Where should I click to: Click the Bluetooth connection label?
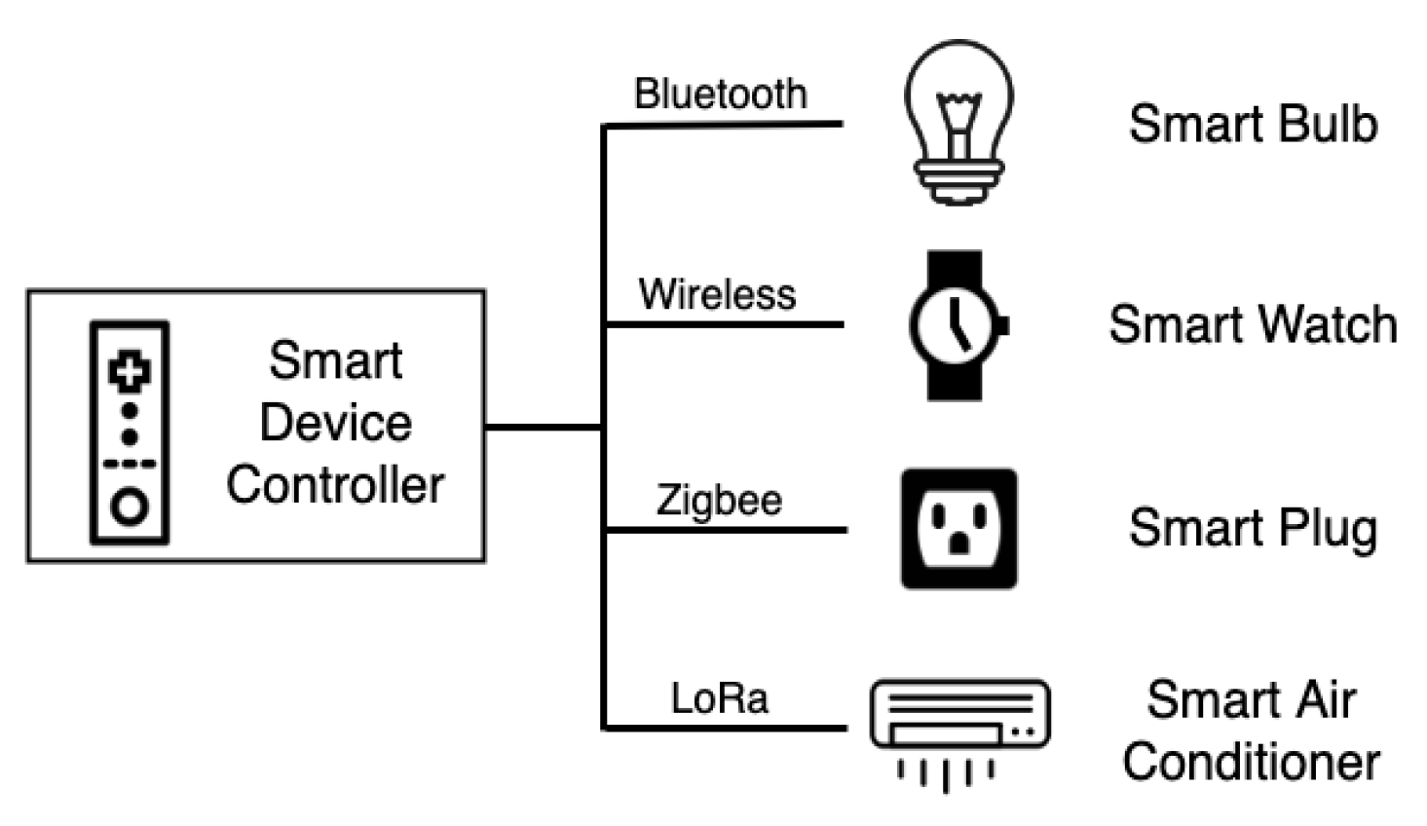click(720, 94)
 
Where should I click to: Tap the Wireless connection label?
click(717, 294)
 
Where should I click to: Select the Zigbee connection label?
click(719, 501)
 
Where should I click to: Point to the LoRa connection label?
click(720, 698)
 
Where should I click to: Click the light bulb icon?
click(958, 122)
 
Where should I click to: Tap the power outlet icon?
click(959, 529)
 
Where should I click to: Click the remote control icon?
click(130, 432)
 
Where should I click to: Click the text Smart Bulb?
click(1253, 125)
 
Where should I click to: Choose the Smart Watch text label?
click(1253, 324)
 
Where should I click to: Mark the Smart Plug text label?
click(1253, 528)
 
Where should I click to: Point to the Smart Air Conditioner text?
click(1252, 731)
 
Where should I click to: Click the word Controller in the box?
click(335, 485)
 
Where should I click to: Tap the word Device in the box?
click(335, 423)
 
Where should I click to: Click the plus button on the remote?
click(130, 371)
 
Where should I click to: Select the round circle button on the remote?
click(130, 507)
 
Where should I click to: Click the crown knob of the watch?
click(1003, 325)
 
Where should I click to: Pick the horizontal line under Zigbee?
click(726, 530)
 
